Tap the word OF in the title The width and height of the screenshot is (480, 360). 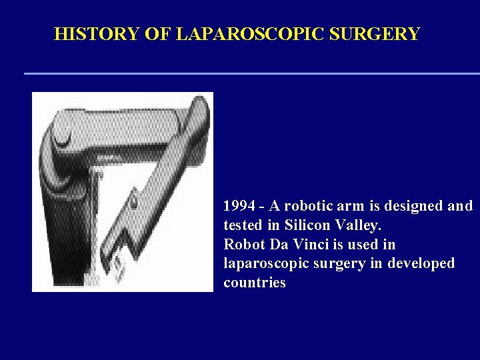(x=157, y=33)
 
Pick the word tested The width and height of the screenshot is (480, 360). (x=243, y=225)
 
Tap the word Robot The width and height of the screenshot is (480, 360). (x=243, y=244)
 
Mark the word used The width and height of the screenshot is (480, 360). (x=365, y=244)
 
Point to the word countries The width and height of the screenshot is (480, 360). (x=254, y=283)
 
